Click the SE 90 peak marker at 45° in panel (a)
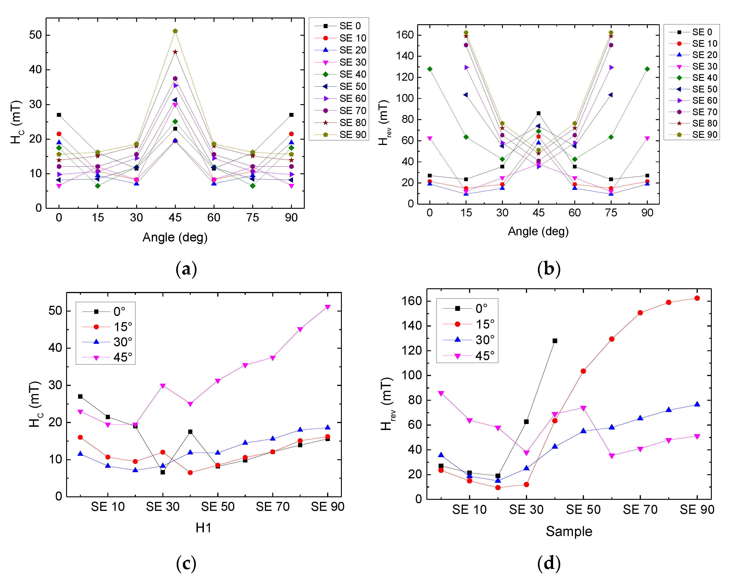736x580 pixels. click(x=175, y=31)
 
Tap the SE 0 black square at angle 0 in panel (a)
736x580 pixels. click(x=59, y=115)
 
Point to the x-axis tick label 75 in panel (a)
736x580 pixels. click(x=252, y=218)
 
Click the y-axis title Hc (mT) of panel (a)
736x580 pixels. click(x=17, y=122)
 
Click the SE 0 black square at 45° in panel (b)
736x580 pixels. click(x=538, y=113)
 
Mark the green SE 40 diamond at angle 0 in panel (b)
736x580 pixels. click(x=430, y=69)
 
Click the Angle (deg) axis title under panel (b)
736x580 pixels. click(x=538, y=231)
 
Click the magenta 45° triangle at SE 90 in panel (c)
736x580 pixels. click(x=328, y=307)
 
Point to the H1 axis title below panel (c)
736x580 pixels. click(x=204, y=528)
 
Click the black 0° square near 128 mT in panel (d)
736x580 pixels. click(x=555, y=341)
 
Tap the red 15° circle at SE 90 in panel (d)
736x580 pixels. click(x=697, y=298)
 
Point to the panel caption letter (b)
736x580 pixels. click(x=549, y=269)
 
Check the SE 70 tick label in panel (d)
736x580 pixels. click(x=640, y=509)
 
